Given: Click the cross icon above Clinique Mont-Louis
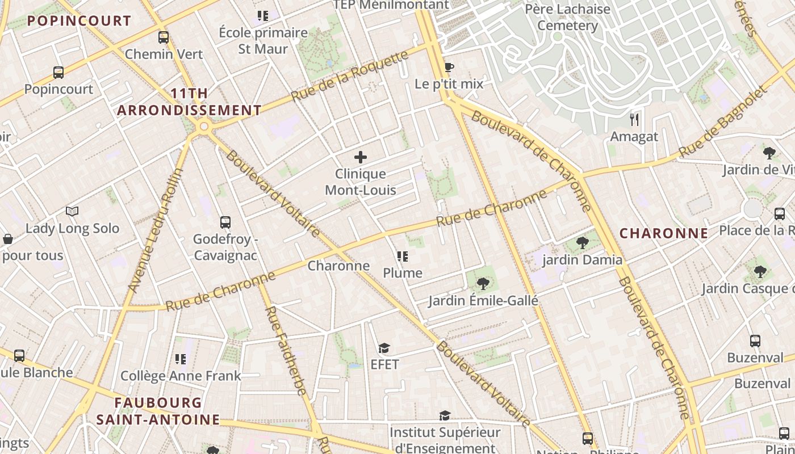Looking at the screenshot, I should pos(361,157).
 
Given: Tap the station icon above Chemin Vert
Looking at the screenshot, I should pos(164,37).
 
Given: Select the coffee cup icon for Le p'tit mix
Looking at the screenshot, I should pos(449,68).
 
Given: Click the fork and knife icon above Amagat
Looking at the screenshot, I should pos(634,120).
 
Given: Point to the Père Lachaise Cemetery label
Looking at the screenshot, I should pos(567,18).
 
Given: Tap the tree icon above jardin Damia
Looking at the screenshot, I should pos(582,243).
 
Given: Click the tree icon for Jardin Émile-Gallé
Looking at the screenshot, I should pos(483,283).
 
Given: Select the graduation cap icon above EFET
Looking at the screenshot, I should pos(384,348).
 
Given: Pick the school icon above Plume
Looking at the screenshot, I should pos(403,257).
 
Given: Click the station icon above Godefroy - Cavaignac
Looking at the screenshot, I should pos(225,222).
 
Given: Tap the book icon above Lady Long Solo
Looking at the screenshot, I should pos(72,212).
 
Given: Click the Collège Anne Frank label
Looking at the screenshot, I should pos(181,376).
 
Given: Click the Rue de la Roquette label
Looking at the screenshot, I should pos(350,76).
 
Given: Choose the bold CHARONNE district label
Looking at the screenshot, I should pos(663,233).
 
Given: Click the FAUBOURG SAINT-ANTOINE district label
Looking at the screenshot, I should pos(158,411).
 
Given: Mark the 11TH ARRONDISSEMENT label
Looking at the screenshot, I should pos(189,102).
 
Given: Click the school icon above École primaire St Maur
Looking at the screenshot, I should pos(262,16).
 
